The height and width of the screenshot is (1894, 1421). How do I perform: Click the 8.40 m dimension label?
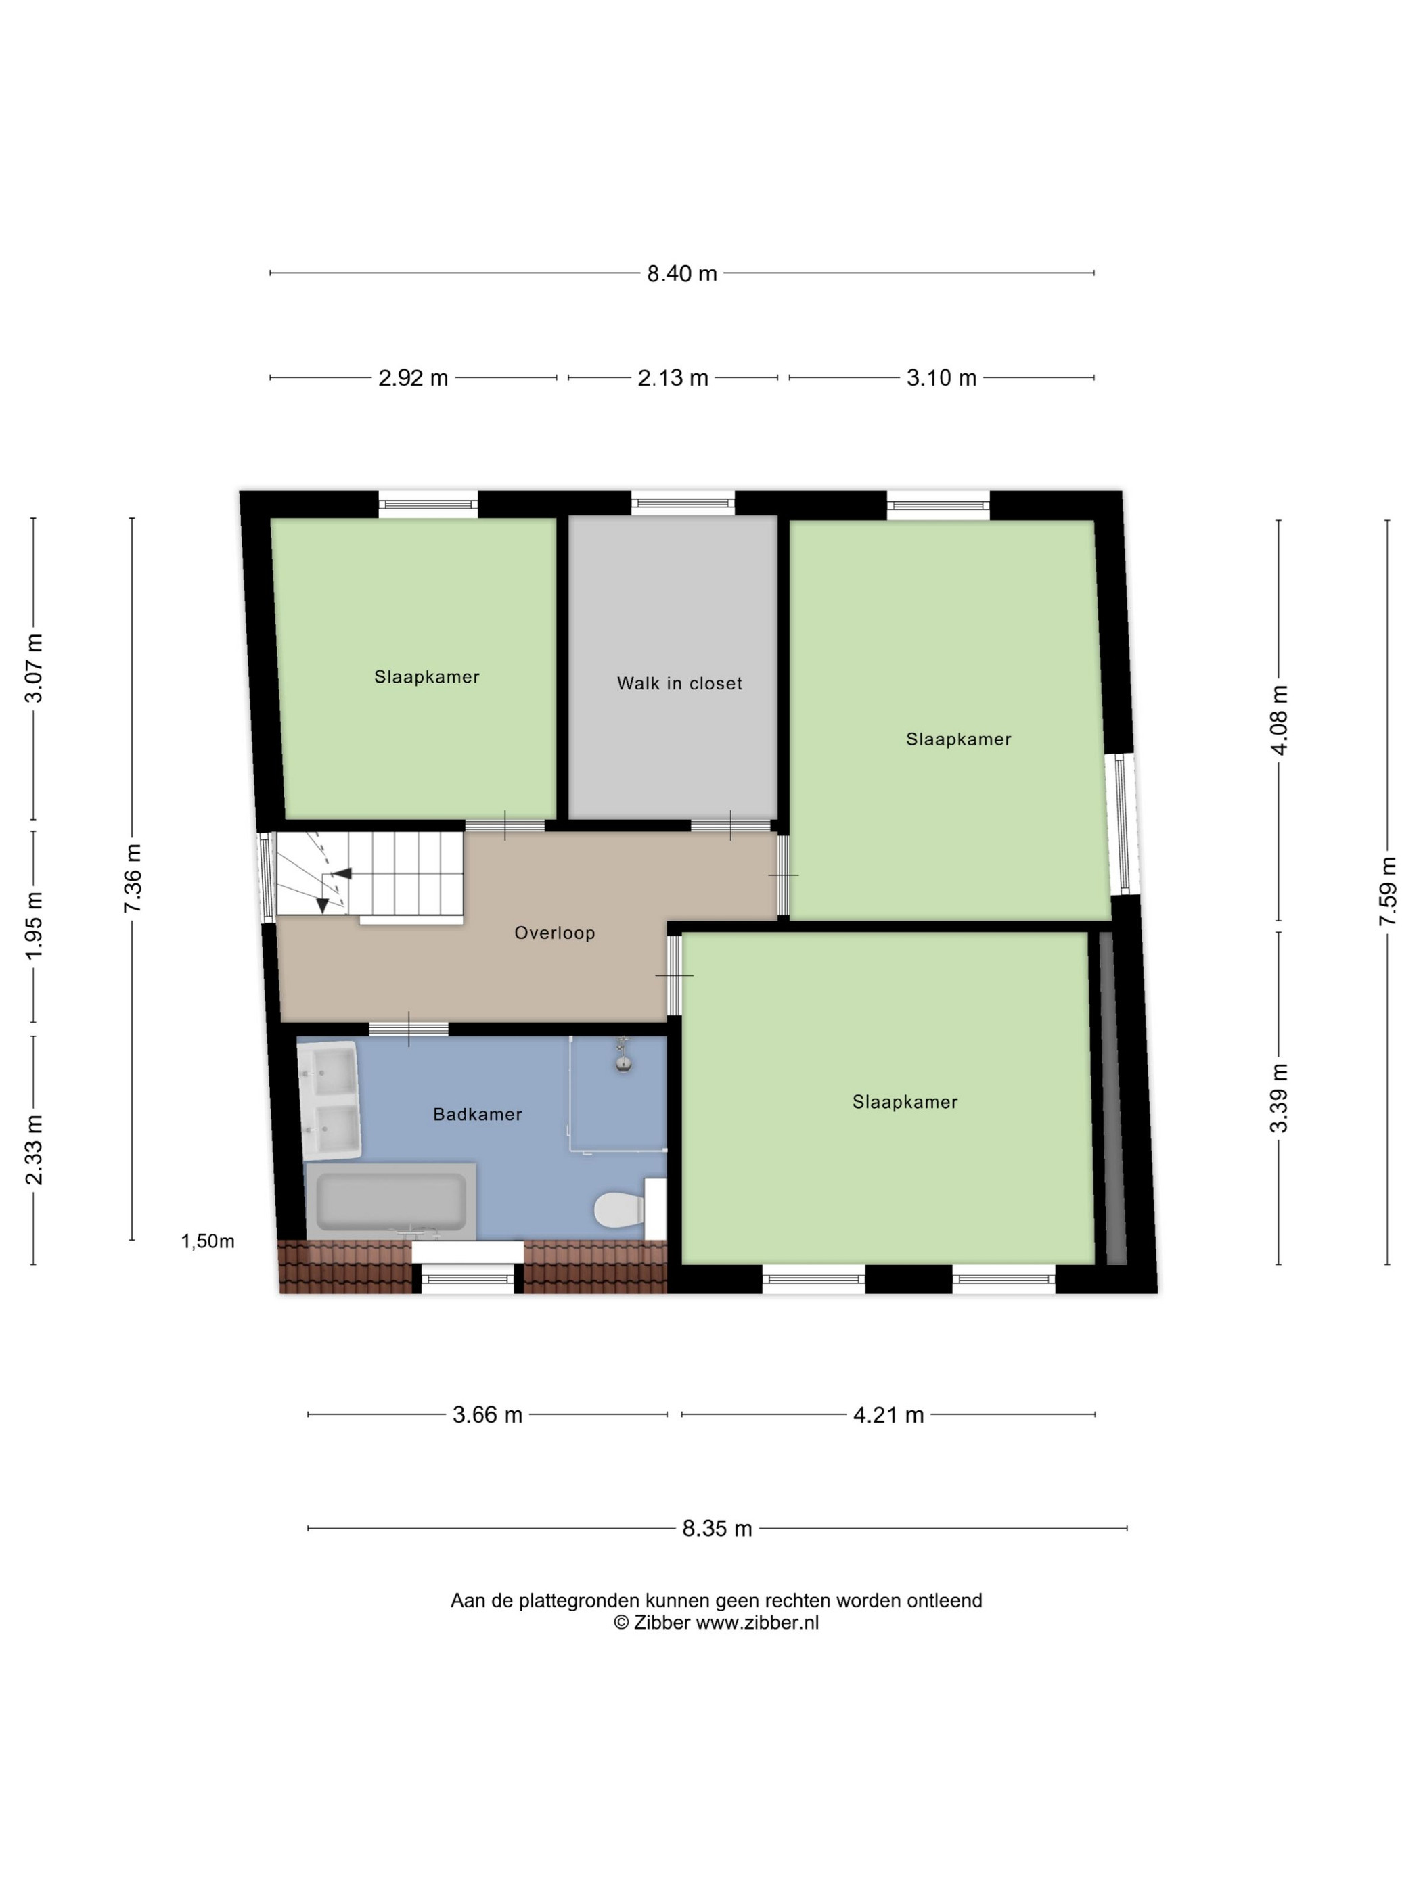681,274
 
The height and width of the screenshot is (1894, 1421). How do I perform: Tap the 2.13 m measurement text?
673,377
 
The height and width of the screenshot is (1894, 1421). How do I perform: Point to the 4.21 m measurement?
888,1414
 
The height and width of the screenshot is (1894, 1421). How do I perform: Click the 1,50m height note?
207,1241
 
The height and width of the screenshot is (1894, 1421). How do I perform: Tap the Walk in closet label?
679,683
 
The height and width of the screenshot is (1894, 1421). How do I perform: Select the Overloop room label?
554,932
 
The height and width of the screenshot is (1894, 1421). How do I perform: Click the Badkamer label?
477,1114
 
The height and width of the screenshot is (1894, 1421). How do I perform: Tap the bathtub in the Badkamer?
390,1201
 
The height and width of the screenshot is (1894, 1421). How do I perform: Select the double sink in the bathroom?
328,1101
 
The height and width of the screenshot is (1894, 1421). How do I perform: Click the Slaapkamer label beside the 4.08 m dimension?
958,739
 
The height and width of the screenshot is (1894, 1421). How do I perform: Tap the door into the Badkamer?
409,1028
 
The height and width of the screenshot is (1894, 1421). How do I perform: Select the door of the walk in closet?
729,825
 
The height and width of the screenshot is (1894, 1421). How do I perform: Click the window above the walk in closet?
683,503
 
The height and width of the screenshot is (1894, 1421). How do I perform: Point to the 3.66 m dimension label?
487,1414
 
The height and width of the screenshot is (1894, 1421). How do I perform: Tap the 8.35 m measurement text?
717,1528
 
